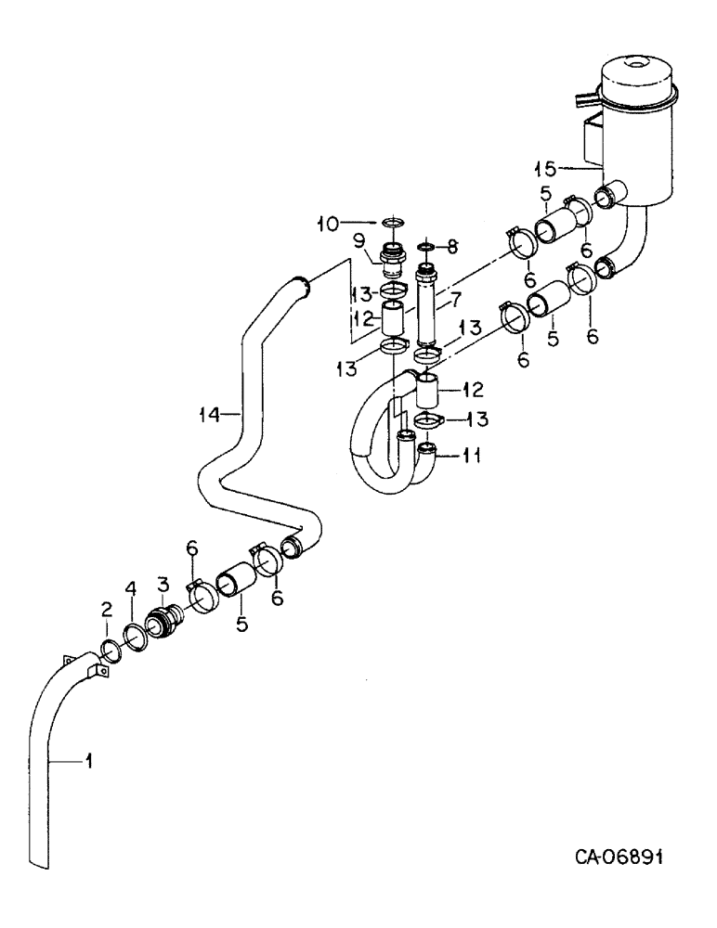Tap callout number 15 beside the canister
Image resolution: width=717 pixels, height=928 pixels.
(x=545, y=168)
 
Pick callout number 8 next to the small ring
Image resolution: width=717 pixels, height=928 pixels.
(x=452, y=248)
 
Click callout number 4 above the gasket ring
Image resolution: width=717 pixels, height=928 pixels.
(x=131, y=588)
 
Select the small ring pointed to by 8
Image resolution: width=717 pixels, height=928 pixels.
(x=426, y=248)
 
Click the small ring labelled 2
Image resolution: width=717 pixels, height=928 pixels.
(x=108, y=645)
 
